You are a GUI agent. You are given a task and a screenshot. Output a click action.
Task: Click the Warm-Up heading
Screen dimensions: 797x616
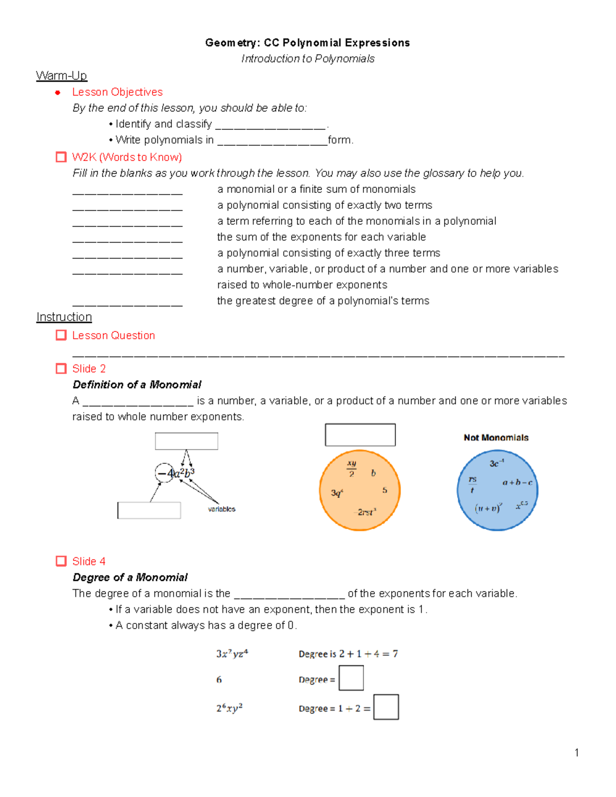click(61, 76)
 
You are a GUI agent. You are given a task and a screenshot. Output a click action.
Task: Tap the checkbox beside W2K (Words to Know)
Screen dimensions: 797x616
click(61, 157)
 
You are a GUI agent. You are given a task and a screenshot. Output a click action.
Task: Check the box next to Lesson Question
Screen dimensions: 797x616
click(61, 335)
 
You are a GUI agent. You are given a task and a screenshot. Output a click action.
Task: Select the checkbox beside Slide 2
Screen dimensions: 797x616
click(61, 368)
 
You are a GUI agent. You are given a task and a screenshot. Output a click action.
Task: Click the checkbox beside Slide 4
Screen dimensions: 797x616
click(61, 561)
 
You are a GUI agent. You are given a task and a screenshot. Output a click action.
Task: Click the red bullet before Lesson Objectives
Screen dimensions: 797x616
click(58, 92)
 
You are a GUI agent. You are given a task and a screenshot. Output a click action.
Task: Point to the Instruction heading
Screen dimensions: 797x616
click(64, 317)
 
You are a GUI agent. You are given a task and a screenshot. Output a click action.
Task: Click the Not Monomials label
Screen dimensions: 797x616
click(496, 438)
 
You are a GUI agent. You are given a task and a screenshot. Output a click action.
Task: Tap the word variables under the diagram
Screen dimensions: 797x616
click(222, 509)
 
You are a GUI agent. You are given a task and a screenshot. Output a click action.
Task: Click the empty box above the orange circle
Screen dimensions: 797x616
click(360, 435)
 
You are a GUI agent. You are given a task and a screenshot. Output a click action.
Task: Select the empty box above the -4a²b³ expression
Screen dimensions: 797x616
click(186, 441)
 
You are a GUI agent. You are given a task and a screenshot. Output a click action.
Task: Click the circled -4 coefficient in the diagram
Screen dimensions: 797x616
click(165, 473)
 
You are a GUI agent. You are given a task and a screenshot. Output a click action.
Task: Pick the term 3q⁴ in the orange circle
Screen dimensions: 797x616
click(337, 493)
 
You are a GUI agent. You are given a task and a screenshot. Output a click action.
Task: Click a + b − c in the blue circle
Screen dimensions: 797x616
click(517, 482)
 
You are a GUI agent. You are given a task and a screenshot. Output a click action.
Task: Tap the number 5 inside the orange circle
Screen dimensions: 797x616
click(384, 490)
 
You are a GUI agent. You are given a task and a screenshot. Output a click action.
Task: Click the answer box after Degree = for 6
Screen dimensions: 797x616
click(351, 678)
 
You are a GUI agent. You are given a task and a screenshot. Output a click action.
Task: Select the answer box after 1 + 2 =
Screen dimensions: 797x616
click(386, 707)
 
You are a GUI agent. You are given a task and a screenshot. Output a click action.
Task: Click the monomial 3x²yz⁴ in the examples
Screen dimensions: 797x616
click(232, 653)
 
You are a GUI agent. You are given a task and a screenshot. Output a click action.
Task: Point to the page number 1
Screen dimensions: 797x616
click(577, 753)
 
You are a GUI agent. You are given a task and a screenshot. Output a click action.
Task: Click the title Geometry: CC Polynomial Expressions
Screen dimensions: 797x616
click(307, 43)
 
